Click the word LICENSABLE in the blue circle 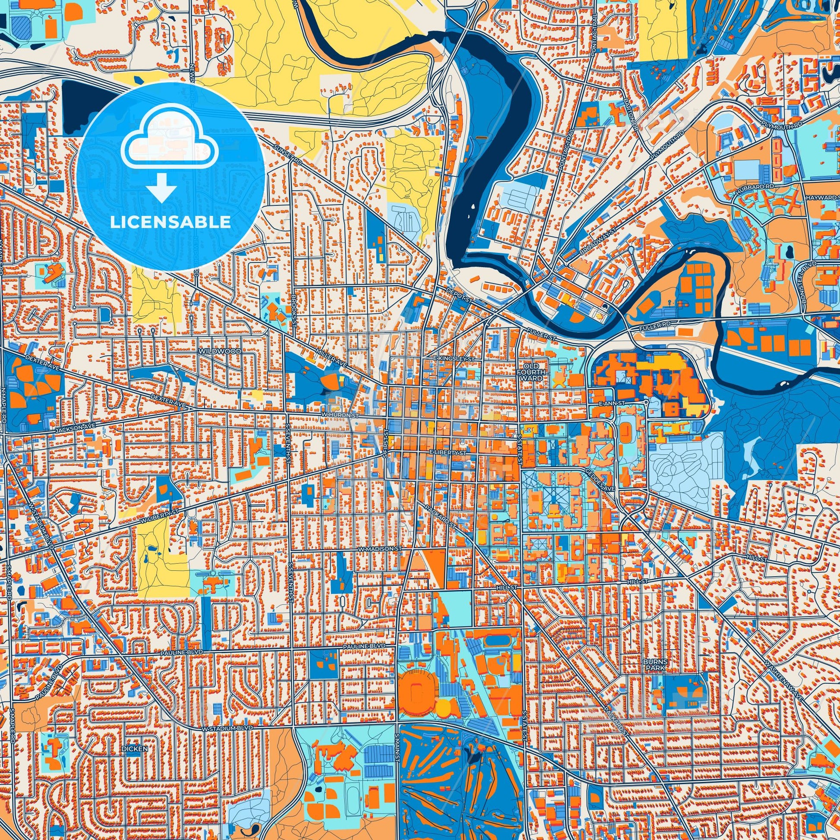click(171, 222)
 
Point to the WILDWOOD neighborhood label click(215, 350)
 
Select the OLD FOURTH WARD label click(533, 372)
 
